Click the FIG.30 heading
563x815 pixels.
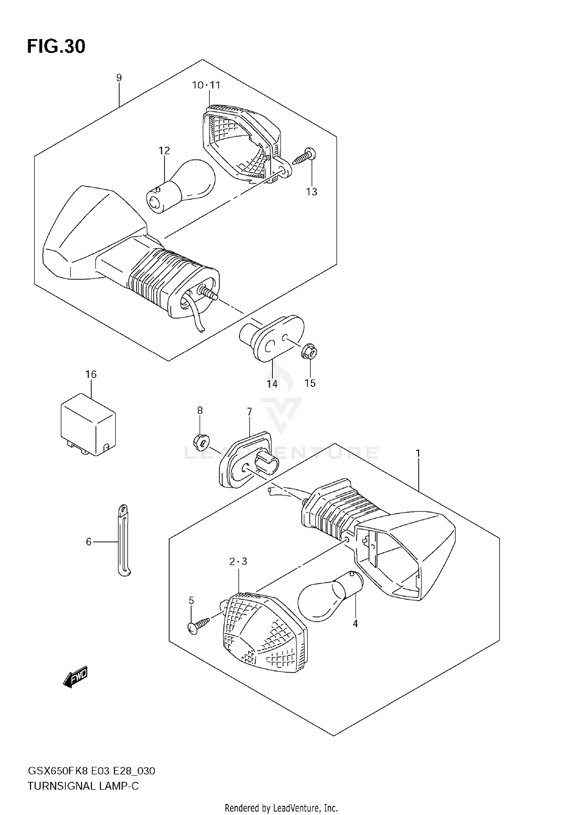click(x=56, y=47)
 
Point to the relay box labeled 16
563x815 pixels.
click(x=89, y=424)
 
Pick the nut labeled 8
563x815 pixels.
click(x=202, y=442)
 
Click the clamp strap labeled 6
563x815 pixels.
click(x=123, y=540)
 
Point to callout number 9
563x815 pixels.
click(x=119, y=78)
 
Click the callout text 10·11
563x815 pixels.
click(x=206, y=85)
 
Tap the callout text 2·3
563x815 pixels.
click(x=238, y=562)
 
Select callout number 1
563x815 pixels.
click(x=418, y=454)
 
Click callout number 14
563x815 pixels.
click(x=272, y=383)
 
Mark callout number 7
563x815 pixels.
click(x=250, y=412)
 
